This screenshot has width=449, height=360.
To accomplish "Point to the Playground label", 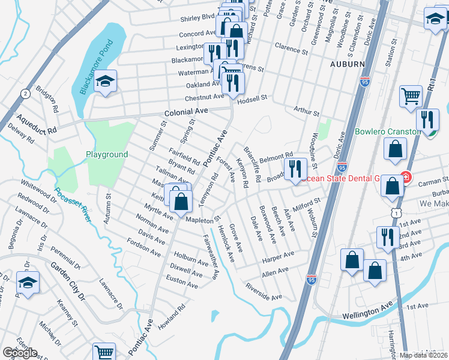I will [106, 154].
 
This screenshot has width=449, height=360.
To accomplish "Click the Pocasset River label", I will [73, 205].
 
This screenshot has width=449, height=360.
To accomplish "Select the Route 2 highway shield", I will [25, 94].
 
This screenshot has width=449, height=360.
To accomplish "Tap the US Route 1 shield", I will [394, 212].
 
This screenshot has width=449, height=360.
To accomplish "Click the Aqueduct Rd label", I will [36, 121].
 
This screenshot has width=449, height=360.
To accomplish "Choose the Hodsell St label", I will [262, 97].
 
